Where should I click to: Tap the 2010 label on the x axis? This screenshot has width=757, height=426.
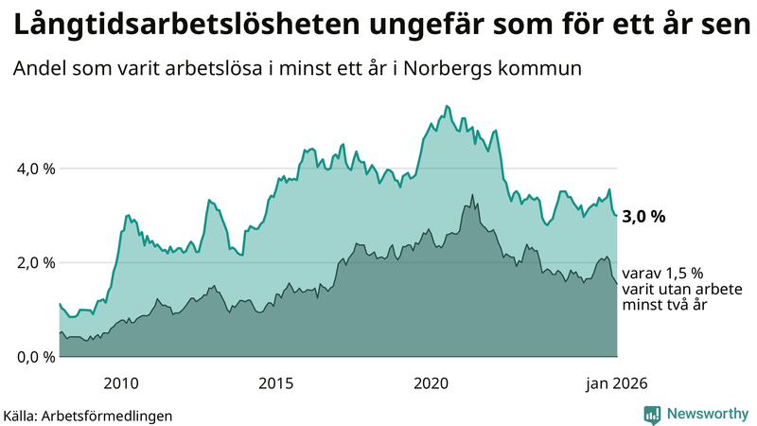pyautogui.click(x=121, y=383)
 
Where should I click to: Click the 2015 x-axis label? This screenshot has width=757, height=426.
pyautogui.click(x=276, y=383)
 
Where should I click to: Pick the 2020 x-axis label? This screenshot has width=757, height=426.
pyautogui.click(x=431, y=383)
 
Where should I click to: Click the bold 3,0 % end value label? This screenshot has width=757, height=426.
pyautogui.click(x=643, y=217)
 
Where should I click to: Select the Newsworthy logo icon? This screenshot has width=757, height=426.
pyautogui.click(x=652, y=414)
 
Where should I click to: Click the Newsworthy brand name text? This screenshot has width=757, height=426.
pyautogui.click(x=706, y=414)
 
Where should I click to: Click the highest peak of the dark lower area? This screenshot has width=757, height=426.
pyautogui.click(x=472, y=195)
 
